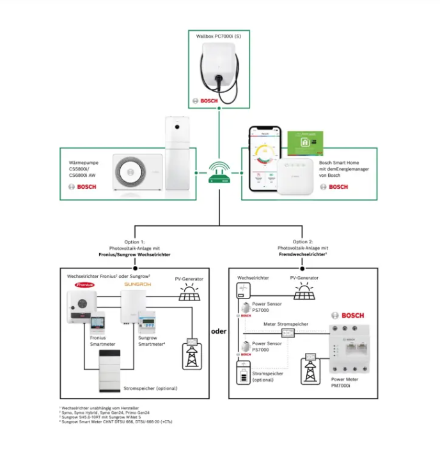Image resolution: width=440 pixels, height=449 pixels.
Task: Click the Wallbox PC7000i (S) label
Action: coord(219,37)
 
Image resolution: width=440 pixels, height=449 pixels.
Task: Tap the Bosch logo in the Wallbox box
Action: coord(206,101)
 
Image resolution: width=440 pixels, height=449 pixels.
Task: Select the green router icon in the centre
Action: coord(219,172)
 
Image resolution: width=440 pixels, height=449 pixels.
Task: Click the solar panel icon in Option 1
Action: coord(189,294)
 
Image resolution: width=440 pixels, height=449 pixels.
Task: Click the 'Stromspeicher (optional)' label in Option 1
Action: coord(149,389)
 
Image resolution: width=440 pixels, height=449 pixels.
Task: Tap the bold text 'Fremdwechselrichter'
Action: coord(302,254)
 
